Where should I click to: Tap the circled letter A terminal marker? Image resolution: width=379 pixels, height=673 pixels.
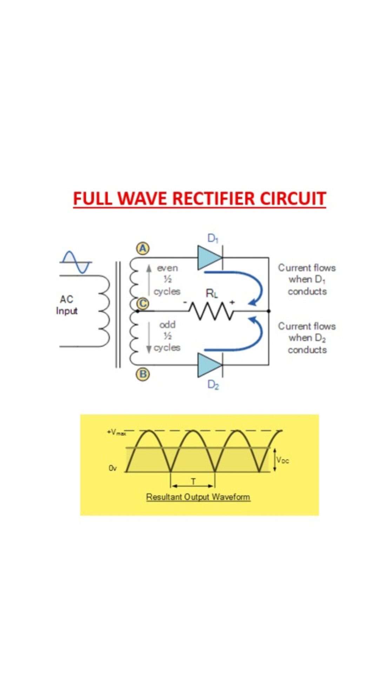click(x=142, y=249)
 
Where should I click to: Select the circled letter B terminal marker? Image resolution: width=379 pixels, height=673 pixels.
click(x=142, y=374)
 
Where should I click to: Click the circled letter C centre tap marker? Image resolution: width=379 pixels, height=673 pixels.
click(x=142, y=304)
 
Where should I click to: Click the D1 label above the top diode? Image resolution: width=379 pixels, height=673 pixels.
click(x=213, y=238)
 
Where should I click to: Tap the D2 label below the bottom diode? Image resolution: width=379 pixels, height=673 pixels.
click(x=213, y=385)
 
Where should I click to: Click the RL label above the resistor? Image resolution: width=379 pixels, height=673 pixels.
click(x=212, y=293)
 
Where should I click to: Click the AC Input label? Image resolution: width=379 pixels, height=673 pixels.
click(x=67, y=305)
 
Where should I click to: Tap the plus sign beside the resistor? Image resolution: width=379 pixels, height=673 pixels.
click(x=232, y=302)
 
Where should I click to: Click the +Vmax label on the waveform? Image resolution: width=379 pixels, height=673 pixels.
click(x=117, y=432)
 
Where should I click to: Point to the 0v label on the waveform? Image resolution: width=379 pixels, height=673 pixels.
click(x=112, y=468)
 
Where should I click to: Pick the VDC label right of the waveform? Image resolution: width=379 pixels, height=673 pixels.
click(x=283, y=460)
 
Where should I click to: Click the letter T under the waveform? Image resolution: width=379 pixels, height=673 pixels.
click(x=193, y=482)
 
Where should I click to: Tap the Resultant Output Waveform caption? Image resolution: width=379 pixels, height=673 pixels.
click(x=198, y=497)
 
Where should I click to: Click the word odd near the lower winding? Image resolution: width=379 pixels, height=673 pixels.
click(x=167, y=325)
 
